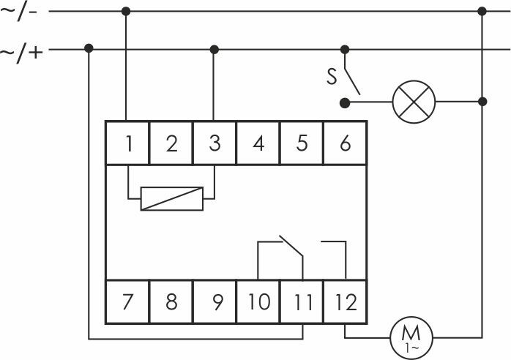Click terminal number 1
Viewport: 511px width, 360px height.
click(x=128, y=143)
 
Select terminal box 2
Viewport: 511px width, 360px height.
click(x=171, y=143)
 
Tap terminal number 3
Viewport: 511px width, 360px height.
click(x=215, y=143)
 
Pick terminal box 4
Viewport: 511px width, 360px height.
click(x=258, y=143)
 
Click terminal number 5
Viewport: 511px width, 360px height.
click(x=302, y=143)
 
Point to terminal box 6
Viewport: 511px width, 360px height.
click(x=345, y=143)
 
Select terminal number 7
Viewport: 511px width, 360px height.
click(x=128, y=301)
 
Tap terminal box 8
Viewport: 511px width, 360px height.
click(x=171, y=301)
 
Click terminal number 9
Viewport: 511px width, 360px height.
click(x=215, y=301)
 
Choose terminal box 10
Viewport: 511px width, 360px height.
click(x=258, y=301)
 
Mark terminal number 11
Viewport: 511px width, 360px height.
click(x=302, y=301)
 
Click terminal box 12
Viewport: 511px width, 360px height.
click(x=345, y=301)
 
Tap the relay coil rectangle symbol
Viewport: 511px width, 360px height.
click(x=171, y=198)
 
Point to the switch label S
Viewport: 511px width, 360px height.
click(x=332, y=73)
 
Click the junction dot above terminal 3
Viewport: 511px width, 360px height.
click(x=215, y=49)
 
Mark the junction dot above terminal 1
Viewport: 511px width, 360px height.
click(x=127, y=11)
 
